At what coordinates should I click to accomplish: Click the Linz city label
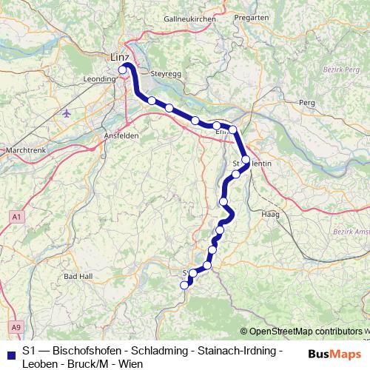point(118,58)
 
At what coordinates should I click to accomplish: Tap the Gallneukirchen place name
point(189,18)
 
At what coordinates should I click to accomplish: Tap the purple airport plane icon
point(68,113)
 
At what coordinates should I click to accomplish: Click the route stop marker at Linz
point(123,71)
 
